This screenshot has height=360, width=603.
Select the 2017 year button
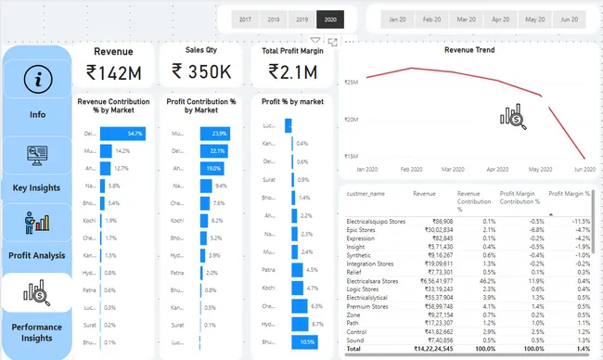point(245,19)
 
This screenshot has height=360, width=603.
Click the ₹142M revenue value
point(112,73)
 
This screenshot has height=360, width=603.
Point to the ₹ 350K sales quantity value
point(200,73)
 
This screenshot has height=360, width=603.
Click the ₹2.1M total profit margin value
point(290,73)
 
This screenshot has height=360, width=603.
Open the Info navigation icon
point(37,80)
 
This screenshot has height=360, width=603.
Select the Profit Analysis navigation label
point(37,254)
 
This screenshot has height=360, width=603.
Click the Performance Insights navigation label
point(37,333)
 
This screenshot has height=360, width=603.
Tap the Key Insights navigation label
point(37,186)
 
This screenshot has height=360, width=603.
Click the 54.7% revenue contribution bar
point(122,134)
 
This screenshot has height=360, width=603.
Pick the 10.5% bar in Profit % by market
point(307,341)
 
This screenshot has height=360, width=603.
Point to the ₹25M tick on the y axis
point(351,83)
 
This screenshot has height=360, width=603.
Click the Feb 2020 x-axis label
point(410,170)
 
